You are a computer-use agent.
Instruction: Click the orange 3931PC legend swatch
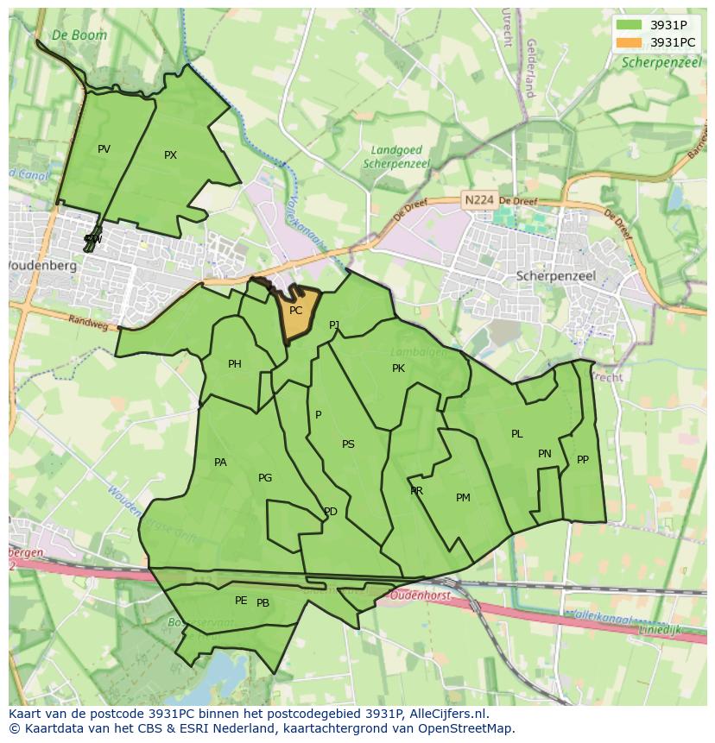630,42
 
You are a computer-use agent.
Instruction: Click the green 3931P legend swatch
630,25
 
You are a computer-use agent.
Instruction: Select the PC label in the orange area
295,311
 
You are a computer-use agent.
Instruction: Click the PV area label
104,149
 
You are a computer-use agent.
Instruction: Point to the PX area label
170,155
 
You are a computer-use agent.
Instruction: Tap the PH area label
234,364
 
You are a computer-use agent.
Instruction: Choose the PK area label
398,368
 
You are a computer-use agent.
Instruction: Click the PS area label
348,444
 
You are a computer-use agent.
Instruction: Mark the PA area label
220,463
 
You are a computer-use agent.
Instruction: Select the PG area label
265,478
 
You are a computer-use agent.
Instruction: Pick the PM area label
463,498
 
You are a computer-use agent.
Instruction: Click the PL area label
516,434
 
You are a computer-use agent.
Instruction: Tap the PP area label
583,460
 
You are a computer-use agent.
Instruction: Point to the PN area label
545,454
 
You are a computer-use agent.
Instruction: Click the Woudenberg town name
42,266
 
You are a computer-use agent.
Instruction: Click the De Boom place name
79,35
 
